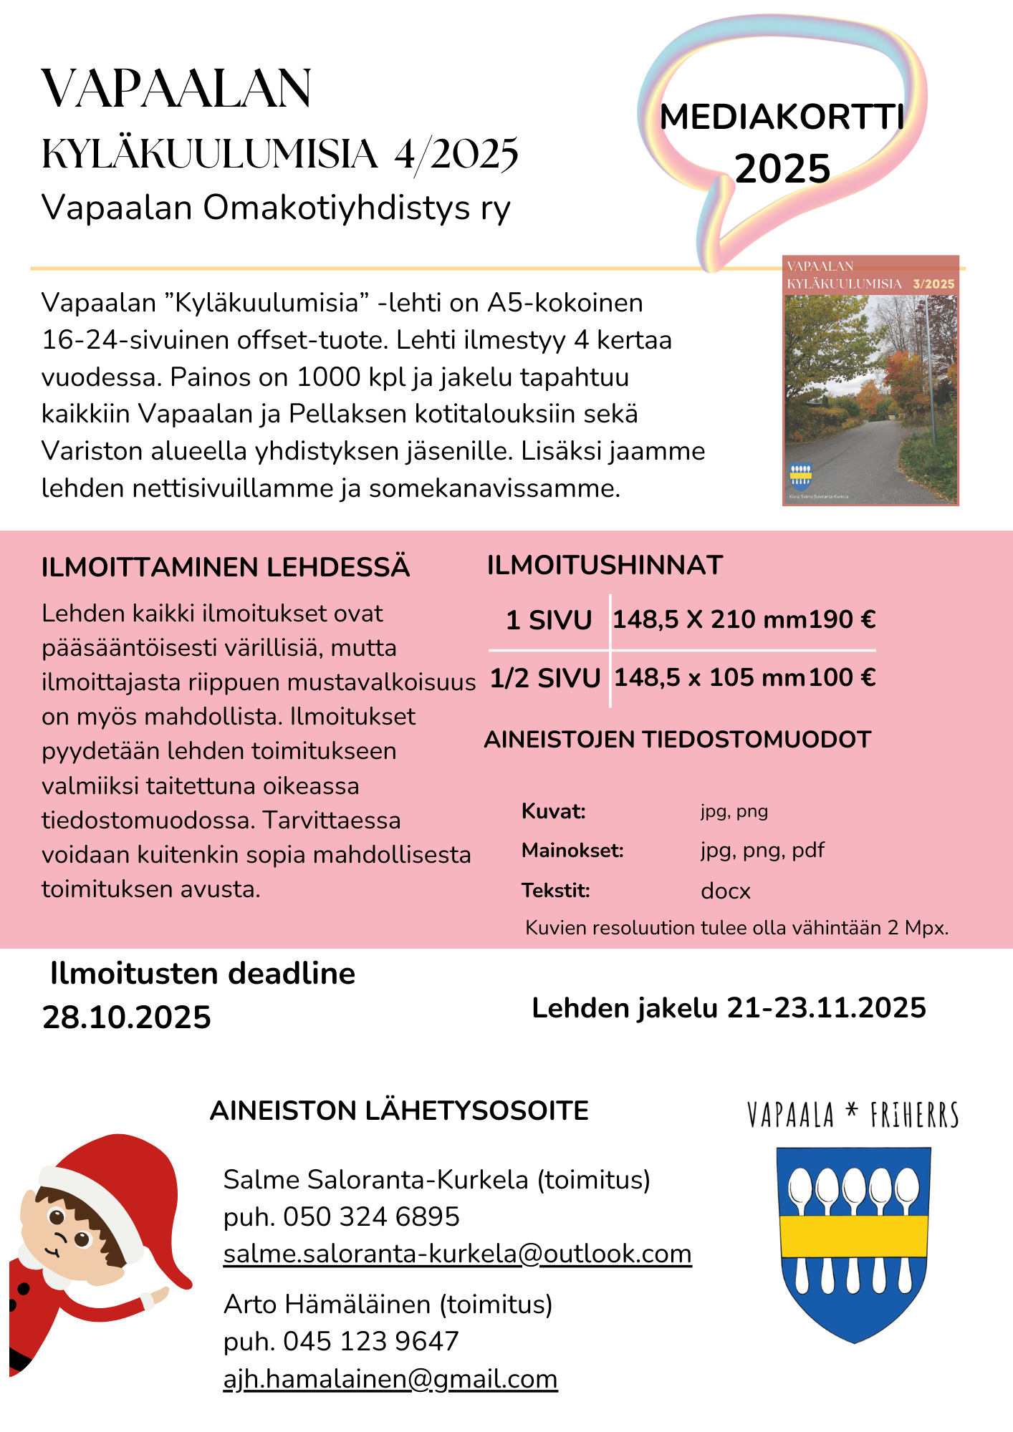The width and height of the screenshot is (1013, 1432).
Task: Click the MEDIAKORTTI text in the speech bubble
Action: (x=782, y=117)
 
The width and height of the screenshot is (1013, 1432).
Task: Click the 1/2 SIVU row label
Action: (x=545, y=678)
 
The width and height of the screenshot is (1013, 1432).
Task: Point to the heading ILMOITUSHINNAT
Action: (x=605, y=566)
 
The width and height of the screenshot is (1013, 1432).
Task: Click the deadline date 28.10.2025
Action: (x=127, y=1017)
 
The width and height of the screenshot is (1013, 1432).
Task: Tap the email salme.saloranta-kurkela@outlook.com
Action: (x=457, y=1254)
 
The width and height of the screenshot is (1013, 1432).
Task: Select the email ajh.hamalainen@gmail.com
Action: (x=390, y=1378)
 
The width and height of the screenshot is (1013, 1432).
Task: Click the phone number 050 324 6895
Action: (x=371, y=1216)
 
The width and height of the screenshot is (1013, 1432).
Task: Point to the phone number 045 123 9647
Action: (x=370, y=1341)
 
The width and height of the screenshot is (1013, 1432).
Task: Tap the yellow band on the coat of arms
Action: (x=854, y=1236)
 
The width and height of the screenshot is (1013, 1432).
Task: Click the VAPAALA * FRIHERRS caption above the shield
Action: (x=853, y=1115)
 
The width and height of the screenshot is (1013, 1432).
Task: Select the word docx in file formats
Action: (x=725, y=891)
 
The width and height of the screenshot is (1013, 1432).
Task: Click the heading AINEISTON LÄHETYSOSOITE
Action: (x=399, y=1111)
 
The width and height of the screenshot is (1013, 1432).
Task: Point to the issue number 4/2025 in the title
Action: (x=456, y=154)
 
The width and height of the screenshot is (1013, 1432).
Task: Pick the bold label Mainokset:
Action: (x=572, y=851)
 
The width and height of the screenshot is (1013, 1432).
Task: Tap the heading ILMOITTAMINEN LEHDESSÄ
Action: (x=225, y=567)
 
